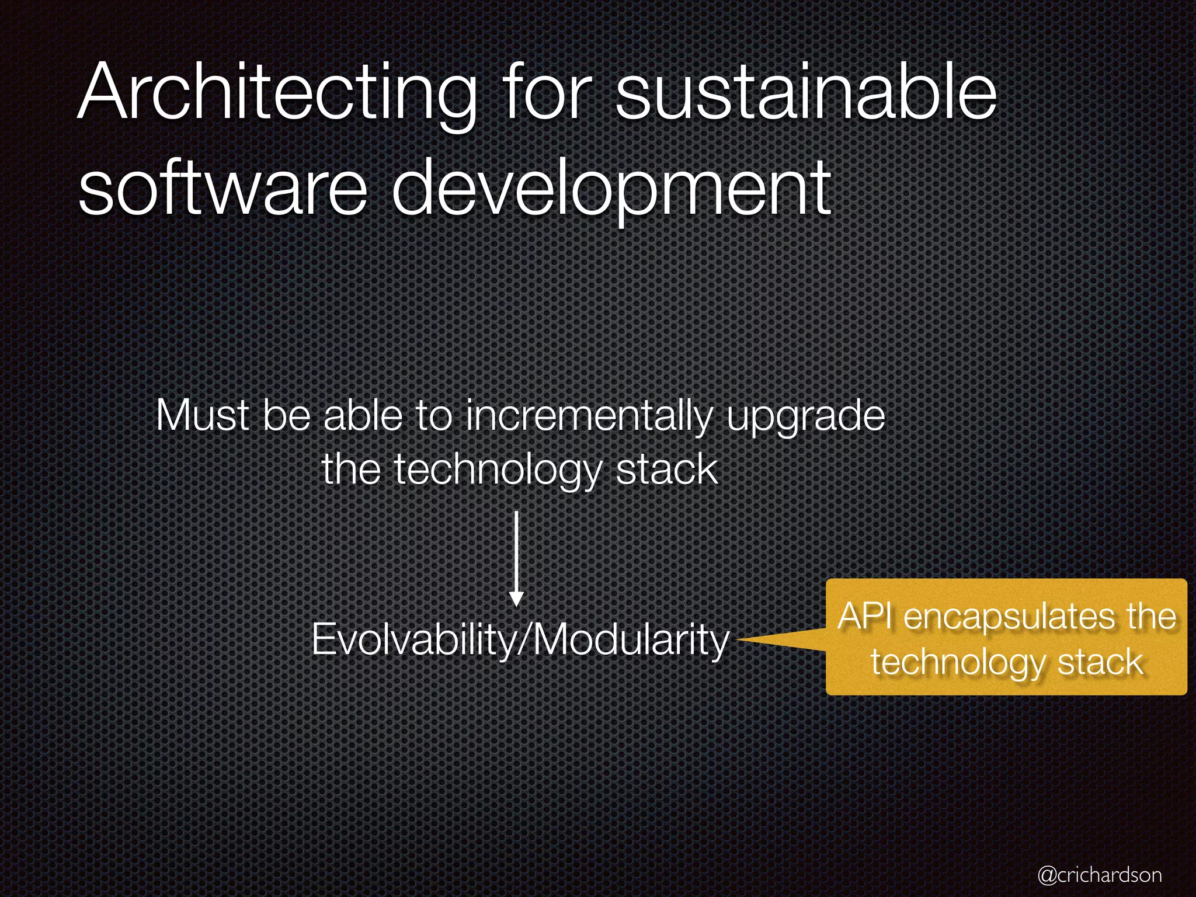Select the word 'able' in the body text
click(363, 416)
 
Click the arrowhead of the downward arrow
click(516, 599)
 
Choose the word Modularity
click(631, 639)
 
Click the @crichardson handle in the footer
click(1100, 874)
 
